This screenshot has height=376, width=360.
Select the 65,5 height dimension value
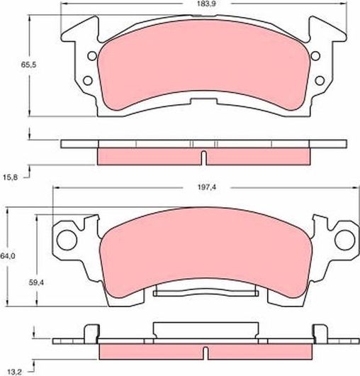pyautogui.click(x=28, y=65)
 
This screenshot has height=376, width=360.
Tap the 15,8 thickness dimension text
pyautogui.click(x=11, y=177)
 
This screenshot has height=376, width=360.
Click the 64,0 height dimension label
pyautogui.click(x=8, y=256)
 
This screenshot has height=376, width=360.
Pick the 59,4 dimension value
pyautogui.click(x=36, y=283)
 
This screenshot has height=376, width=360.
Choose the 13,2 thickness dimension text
pyautogui.click(x=15, y=372)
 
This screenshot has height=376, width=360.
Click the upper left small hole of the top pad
pyautogui.click(x=92, y=56)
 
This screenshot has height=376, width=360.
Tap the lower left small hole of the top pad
pyautogui.click(x=88, y=80)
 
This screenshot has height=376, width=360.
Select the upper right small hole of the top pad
pyautogui.click(x=315, y=55)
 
